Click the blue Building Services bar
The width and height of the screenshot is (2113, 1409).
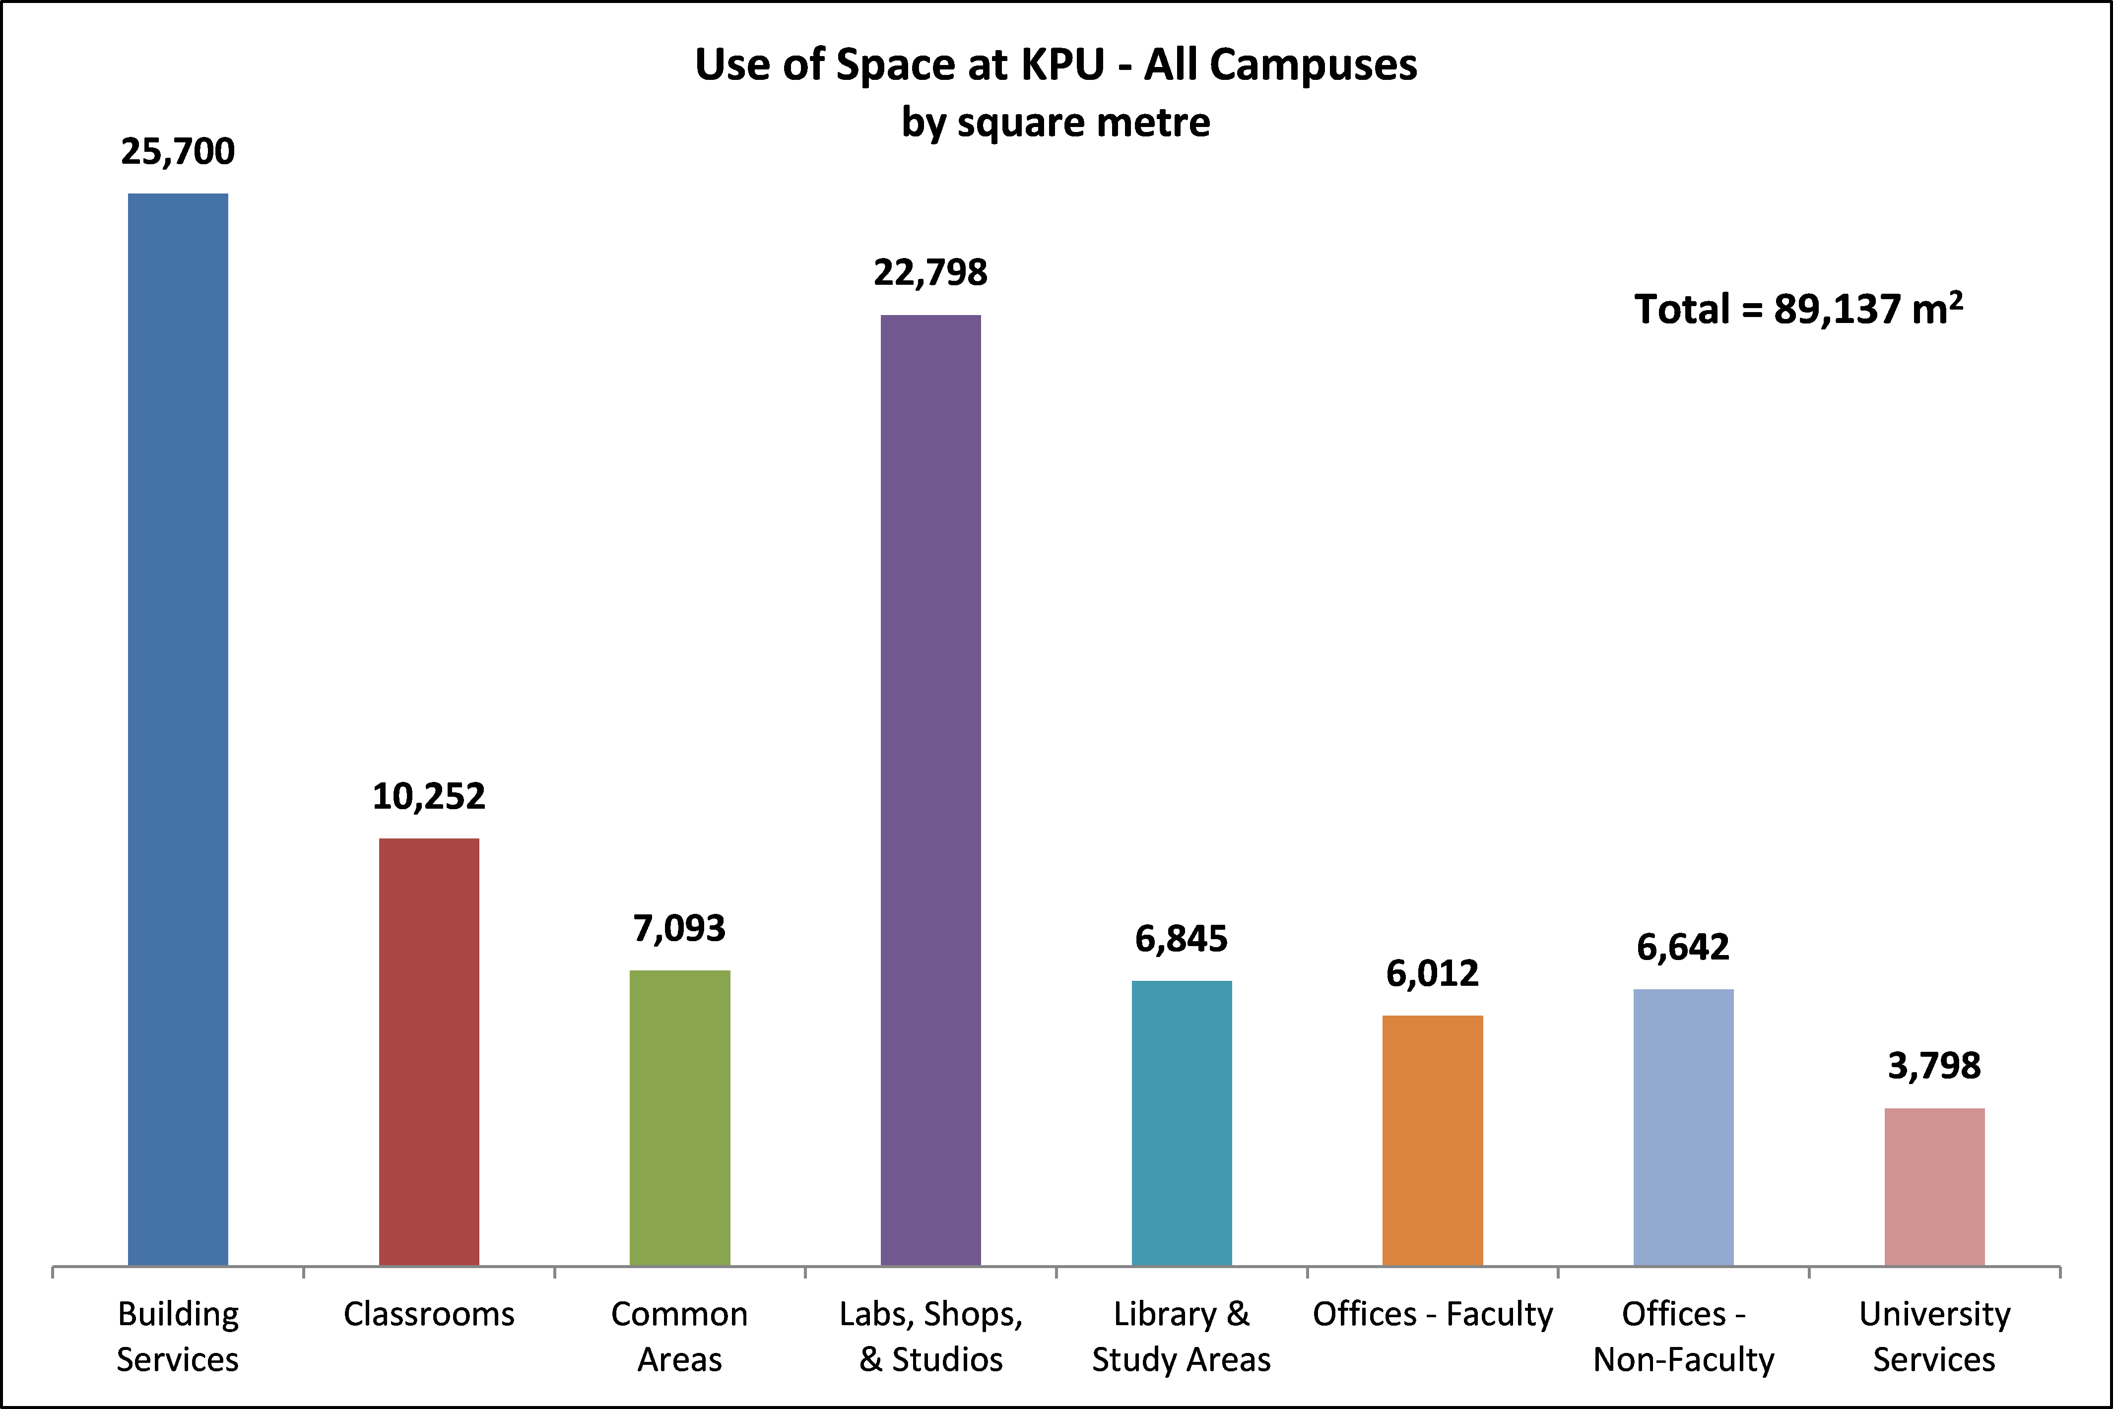(x=178, y=728)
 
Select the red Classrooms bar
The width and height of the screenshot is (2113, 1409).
(x=429, y=1051)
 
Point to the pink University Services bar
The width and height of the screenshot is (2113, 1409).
(x=1934, y=1186)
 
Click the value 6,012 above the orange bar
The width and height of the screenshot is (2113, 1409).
(x=1432, y=974)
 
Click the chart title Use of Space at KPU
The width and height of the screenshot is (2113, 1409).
(x=1056, y=64)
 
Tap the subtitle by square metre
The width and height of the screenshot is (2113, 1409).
(x=1056, y=122)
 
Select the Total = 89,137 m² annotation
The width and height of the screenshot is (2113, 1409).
(x=1797, y=309)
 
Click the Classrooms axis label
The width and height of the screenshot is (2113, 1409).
(x=429, y=1315)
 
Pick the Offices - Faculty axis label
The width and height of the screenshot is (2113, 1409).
(x=1432, y=1315)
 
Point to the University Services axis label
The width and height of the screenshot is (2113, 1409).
(x=1934, y=1337)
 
